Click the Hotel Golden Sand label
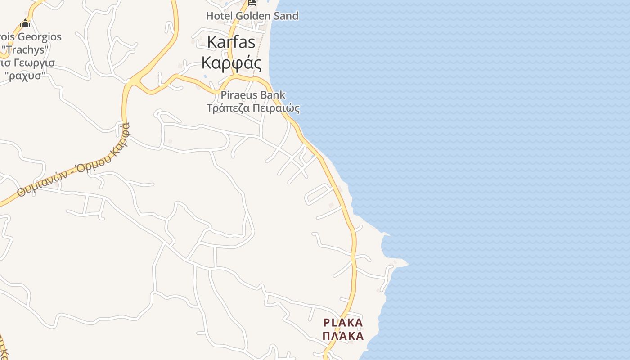(x=252, y=16)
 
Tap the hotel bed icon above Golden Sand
(x=252, y=3)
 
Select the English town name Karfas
(x=231, y=42)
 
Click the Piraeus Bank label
(x=253, y=95)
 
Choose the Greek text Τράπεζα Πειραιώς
(x=253, y=108)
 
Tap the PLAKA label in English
(x=343, y=323)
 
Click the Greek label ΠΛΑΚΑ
(x=343, y=336)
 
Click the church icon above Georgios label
(x=25, y=23)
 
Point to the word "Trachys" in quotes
(x=25, y=49)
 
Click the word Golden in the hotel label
(x=254, y=16)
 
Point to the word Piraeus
(x=239, y=95)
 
